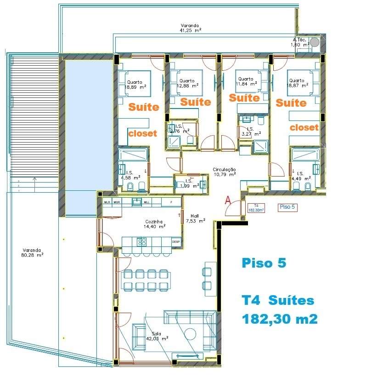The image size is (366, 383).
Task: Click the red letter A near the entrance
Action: click(x=227, y=200)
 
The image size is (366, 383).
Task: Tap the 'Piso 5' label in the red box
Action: click(x=287, y=207)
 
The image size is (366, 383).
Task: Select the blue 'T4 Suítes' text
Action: click(x=278, y=301)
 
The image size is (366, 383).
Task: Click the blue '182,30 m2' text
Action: click(x=280, y=319)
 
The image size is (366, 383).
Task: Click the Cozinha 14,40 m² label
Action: click(x=152, y=224)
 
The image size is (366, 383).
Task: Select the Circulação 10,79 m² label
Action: click(x=224, y=172)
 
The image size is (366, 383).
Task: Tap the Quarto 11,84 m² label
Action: click(x=246, y=81)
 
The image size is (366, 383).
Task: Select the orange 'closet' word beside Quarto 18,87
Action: click(x=304, y=127)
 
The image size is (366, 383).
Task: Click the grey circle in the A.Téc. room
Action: click(x=315, y=42)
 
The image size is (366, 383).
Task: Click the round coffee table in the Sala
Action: click(x=190, y=334)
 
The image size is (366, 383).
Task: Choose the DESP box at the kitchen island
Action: click(x=176, y=241)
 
